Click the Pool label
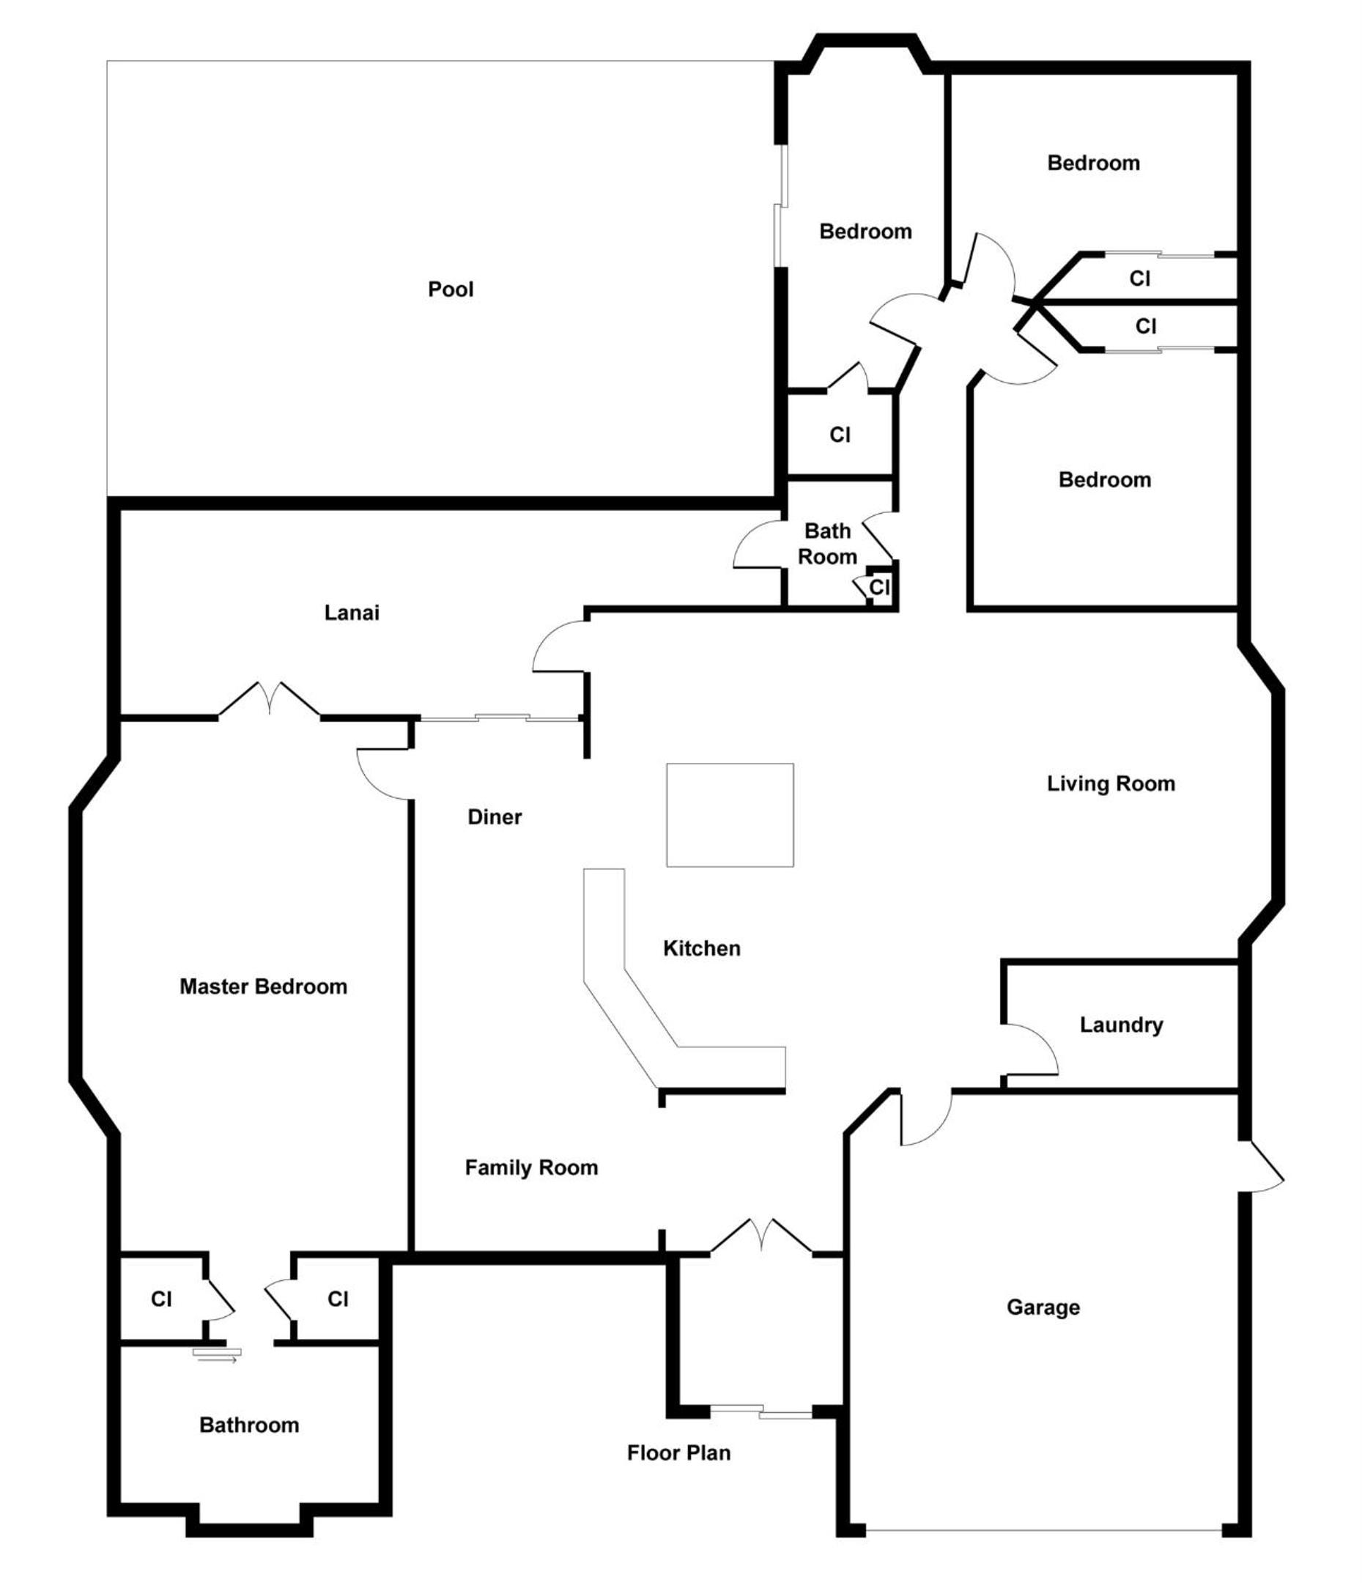point(451,289)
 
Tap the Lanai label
point(352,613)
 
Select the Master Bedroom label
point(264,986)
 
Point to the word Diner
point(495,816)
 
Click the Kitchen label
point(702,948)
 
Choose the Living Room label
point(1111,784)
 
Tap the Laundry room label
point(1122,1025)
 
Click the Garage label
point(1043,1307)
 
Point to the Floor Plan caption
point(679,1453)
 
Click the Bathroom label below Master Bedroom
point(249,1425)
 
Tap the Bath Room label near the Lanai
point(827,544)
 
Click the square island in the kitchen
point(730,814)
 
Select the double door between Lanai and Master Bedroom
point(269,698)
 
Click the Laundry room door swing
point(1032,1049)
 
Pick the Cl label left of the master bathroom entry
point(161,1299)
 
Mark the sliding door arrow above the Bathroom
point(217,1355)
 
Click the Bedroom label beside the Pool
point(865,232)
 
